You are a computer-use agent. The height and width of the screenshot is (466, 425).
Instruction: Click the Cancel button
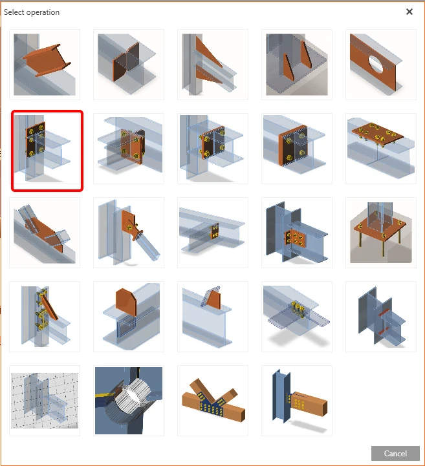[x=395, y=453]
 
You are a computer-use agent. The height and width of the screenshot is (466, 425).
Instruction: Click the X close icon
[x=409, y=12]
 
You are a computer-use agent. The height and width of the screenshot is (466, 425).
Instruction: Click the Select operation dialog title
[x=32, y=12]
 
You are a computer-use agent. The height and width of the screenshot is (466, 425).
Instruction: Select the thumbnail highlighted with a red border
[x=47, y=151]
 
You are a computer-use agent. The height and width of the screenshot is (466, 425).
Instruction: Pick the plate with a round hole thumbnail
[x=380, y=65]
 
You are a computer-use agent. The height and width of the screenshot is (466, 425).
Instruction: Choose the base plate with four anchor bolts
[x=380, y=233]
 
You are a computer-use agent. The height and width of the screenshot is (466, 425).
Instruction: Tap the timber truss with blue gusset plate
[x=213, y=401]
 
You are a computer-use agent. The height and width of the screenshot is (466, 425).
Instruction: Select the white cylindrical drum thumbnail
[x=129, y=401]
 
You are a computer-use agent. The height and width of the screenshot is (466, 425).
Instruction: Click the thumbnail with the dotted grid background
[x=45, y=401]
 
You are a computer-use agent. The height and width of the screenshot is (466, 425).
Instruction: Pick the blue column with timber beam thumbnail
[x=297, y=401]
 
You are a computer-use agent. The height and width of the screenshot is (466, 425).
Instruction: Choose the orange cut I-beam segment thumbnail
[x=45, y=65]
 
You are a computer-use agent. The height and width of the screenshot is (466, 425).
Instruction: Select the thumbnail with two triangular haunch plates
[x=213, y=65]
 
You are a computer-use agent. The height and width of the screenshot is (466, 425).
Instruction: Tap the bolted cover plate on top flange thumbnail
[x=380, y=149]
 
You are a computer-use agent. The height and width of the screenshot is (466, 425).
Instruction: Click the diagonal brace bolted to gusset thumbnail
[x=129, y=233]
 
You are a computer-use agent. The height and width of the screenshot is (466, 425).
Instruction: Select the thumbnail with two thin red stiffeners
[x=380, y=317]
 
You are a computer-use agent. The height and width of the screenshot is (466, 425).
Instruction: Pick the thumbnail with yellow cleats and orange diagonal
[x=45, y=317]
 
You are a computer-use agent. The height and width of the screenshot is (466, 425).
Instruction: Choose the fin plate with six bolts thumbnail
[x=297, y=233]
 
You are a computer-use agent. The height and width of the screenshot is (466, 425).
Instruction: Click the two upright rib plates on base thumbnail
[x=297, y=65]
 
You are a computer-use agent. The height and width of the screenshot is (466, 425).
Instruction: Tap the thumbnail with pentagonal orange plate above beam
[x=129, y=317]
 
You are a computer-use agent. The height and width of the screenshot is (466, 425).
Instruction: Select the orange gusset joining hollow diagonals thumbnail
[x=45, y=233]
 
